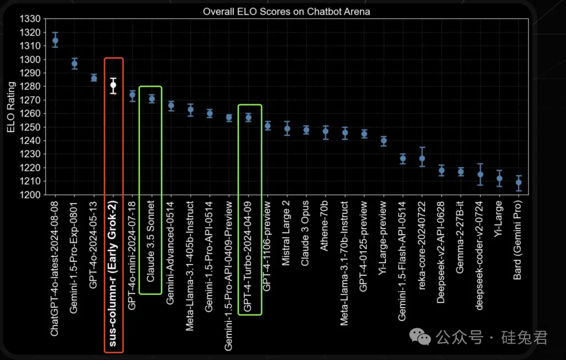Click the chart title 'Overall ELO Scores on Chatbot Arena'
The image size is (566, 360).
point(286,12)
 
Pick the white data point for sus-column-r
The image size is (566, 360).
point(113,85)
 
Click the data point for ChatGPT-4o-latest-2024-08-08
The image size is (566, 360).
point(56,40)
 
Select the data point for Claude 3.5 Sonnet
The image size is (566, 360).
point(152,99)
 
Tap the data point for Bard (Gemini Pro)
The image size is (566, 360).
point(518,183)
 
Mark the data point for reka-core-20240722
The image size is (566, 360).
point(422,158)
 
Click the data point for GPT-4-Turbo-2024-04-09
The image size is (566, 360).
point(248,118)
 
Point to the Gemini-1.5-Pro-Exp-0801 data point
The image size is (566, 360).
point(74,63)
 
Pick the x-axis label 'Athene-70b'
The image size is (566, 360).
point(325,225)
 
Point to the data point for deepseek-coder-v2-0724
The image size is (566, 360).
point(480,174)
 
